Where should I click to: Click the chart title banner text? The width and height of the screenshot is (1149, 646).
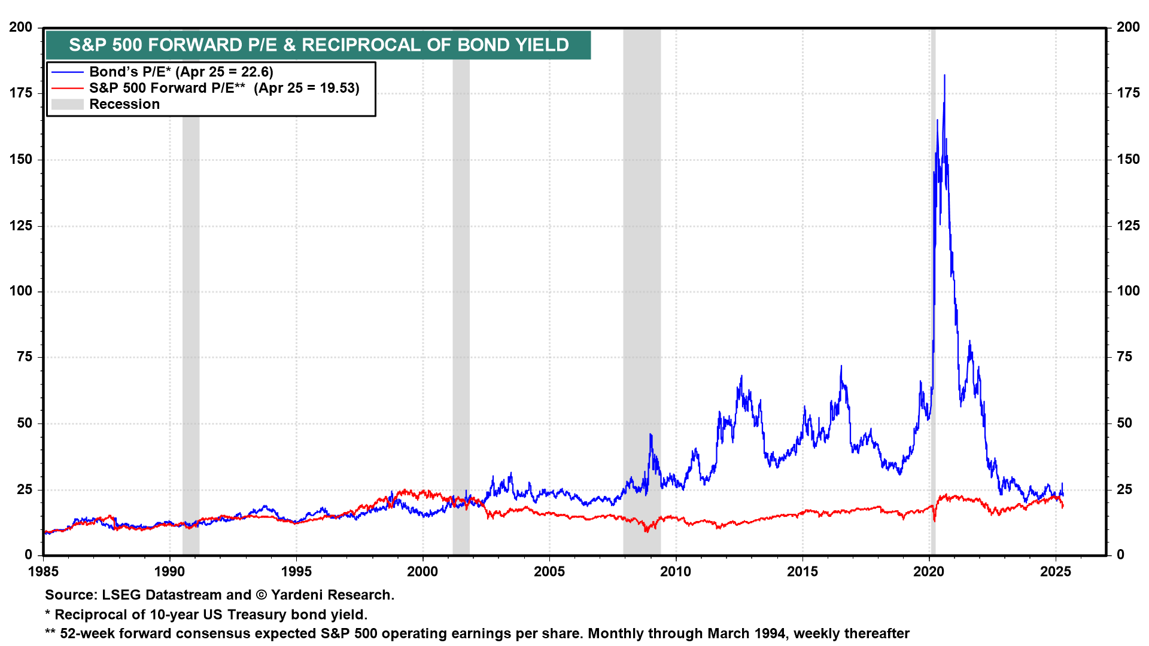(x=318, y=45)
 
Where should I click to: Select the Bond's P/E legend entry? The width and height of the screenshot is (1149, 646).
(x=181, y=72)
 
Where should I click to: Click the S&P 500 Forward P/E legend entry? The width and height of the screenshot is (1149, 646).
(x=224, y=88)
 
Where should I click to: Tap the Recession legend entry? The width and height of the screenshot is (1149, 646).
(x=124, y=104)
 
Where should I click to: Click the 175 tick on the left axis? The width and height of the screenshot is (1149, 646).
(x=21, y=93)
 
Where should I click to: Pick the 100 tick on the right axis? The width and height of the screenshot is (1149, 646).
(x=1128, y=291)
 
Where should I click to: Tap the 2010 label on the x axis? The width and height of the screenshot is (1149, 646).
(x=676, y=572)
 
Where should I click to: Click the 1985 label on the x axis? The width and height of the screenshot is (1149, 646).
(x=43, y=572)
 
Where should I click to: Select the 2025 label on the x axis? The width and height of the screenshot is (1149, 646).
(x=1056, y=572)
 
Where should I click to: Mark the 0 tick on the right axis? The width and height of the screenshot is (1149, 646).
(x=1120, y=555)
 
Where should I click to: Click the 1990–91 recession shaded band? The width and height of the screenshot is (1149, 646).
(x=191, y=299)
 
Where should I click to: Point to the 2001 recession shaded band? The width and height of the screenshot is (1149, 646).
(x=461, y=299)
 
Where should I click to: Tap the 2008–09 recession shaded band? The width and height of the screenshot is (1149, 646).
(x=642, y=299)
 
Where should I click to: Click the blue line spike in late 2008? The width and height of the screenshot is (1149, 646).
(x=651, y=435)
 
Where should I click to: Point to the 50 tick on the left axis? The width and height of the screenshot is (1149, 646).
(x=25, y=423)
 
